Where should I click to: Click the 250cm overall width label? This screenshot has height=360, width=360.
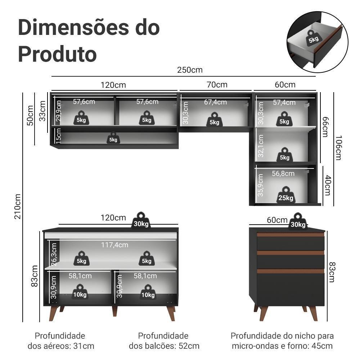(x=190, y=70)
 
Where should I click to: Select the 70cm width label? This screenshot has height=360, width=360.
(x=217, y=85)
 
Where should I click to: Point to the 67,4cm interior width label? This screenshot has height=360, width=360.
(x=215, y=102)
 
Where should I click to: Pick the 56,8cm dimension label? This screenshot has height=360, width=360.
(x=283, y=174)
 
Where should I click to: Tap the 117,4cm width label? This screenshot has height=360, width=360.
(x=114, y=245)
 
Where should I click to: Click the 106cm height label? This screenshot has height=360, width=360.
(x=338, y=148)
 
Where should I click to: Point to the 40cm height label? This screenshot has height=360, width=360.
(x=327, y=186)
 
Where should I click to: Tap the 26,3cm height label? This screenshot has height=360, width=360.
(x=54, y=255)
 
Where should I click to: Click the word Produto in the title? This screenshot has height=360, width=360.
(x=57, y=53)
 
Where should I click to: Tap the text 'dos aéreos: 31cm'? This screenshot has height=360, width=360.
(x=61, y=346)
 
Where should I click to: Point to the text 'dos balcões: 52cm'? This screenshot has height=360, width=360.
(x=164, y=346)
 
